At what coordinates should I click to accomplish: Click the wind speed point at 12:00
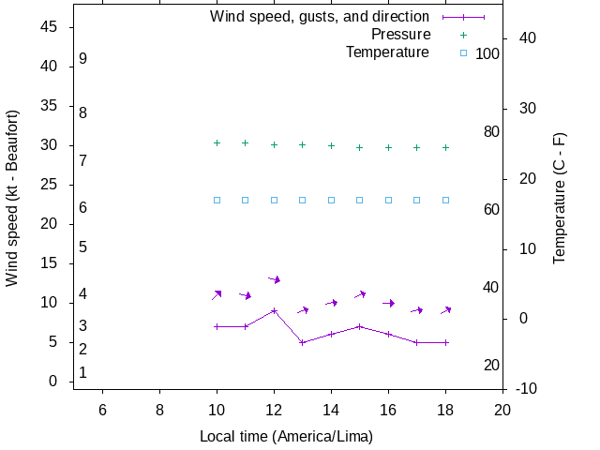coord(274,310)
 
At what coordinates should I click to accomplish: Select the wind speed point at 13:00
coord(303,342)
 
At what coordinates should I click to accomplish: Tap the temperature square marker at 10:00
coord(217,200)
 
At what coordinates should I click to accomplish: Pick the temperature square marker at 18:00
coord(445,200)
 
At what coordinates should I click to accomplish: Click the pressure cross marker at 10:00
coord(217,142)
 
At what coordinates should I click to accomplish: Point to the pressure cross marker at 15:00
coord(360,147)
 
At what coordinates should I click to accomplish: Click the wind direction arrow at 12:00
coord(275,278)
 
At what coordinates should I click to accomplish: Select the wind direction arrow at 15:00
coord(360,294)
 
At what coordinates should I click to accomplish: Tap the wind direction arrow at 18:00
coord(446,309)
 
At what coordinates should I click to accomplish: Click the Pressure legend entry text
coord(399,35)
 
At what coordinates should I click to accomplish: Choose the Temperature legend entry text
coord(387,52)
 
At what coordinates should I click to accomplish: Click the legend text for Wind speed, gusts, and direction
coord(319,17)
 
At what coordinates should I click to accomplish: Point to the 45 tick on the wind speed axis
coord(51,27)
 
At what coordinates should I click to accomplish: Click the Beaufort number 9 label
coord(83,58)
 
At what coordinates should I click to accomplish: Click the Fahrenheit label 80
coord(491,131)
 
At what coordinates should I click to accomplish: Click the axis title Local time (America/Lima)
coord(286,436)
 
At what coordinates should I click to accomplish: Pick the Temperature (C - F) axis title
coord(560,198)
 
